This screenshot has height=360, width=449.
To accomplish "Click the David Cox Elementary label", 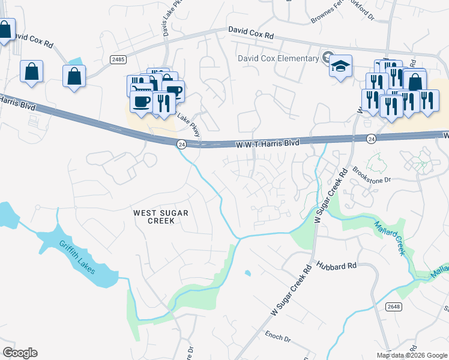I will pyautogui.click(x=278, y=58).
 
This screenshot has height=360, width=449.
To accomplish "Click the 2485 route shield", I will pyautogui.click(x=118, y=59).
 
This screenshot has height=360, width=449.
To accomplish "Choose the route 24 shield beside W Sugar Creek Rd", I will pyautogui.click(x=372, y=139).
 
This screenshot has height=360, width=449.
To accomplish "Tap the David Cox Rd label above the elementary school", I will pyautogui.click(x=251, y=33).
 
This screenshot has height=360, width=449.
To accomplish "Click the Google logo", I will pyautogui.click(x=20, y=353).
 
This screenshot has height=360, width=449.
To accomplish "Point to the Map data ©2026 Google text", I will pyautogui.click(x=412, y=355).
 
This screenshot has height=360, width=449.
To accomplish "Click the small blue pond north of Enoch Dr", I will pyautogui.click(x=247, y=274).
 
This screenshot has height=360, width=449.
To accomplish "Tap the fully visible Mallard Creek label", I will pyautogui.click(x=392, y=237).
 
